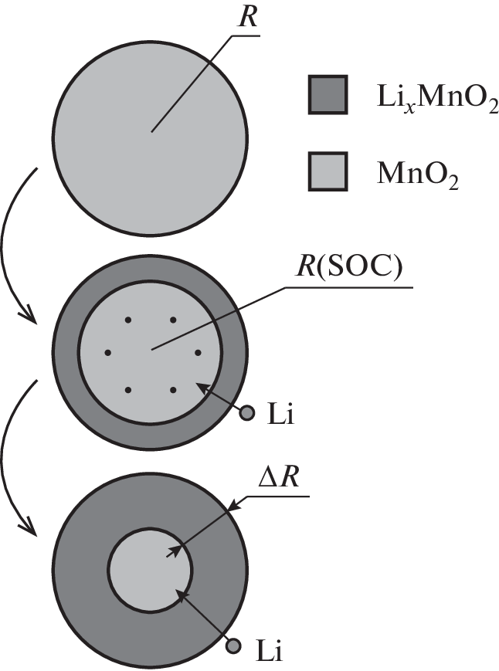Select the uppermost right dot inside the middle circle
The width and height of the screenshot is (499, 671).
(x=173, y=319)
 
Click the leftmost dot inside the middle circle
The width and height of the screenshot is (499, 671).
(x=107, y=353)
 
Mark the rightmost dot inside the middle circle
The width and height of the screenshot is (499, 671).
(x=198, y=353)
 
